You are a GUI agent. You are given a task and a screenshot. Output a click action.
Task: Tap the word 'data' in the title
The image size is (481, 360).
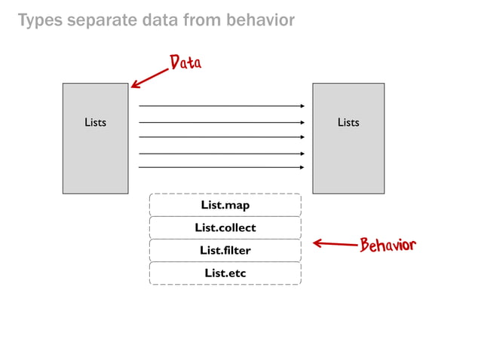(158, 20)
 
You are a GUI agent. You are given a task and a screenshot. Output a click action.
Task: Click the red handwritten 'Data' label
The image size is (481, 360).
(185, 63)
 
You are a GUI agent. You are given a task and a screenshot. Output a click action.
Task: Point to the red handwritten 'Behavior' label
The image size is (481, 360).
(388, 245)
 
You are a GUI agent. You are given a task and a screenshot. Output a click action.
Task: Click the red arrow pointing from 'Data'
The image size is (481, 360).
(149, 78)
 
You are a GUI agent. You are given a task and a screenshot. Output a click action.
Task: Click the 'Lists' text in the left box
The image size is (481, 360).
(95, 122)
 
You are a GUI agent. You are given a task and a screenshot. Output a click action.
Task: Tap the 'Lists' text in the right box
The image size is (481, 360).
(348, 122)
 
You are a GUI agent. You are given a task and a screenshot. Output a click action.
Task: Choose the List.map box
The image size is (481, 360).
(225, 205)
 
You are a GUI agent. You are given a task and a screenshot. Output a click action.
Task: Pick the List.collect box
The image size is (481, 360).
(225, 227)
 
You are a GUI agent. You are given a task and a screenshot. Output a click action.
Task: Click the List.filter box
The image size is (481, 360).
(225, 250)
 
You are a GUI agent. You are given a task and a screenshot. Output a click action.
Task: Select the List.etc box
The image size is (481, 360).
(225, 273)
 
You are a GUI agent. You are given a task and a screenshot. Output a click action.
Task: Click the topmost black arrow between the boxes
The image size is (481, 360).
(222, 106)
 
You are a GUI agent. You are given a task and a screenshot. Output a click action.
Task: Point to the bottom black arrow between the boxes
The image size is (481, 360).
(222, 167)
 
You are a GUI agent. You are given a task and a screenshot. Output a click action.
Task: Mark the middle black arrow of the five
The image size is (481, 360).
(222, 137)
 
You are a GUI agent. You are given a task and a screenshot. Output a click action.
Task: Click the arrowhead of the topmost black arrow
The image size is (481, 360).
(302, 106)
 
